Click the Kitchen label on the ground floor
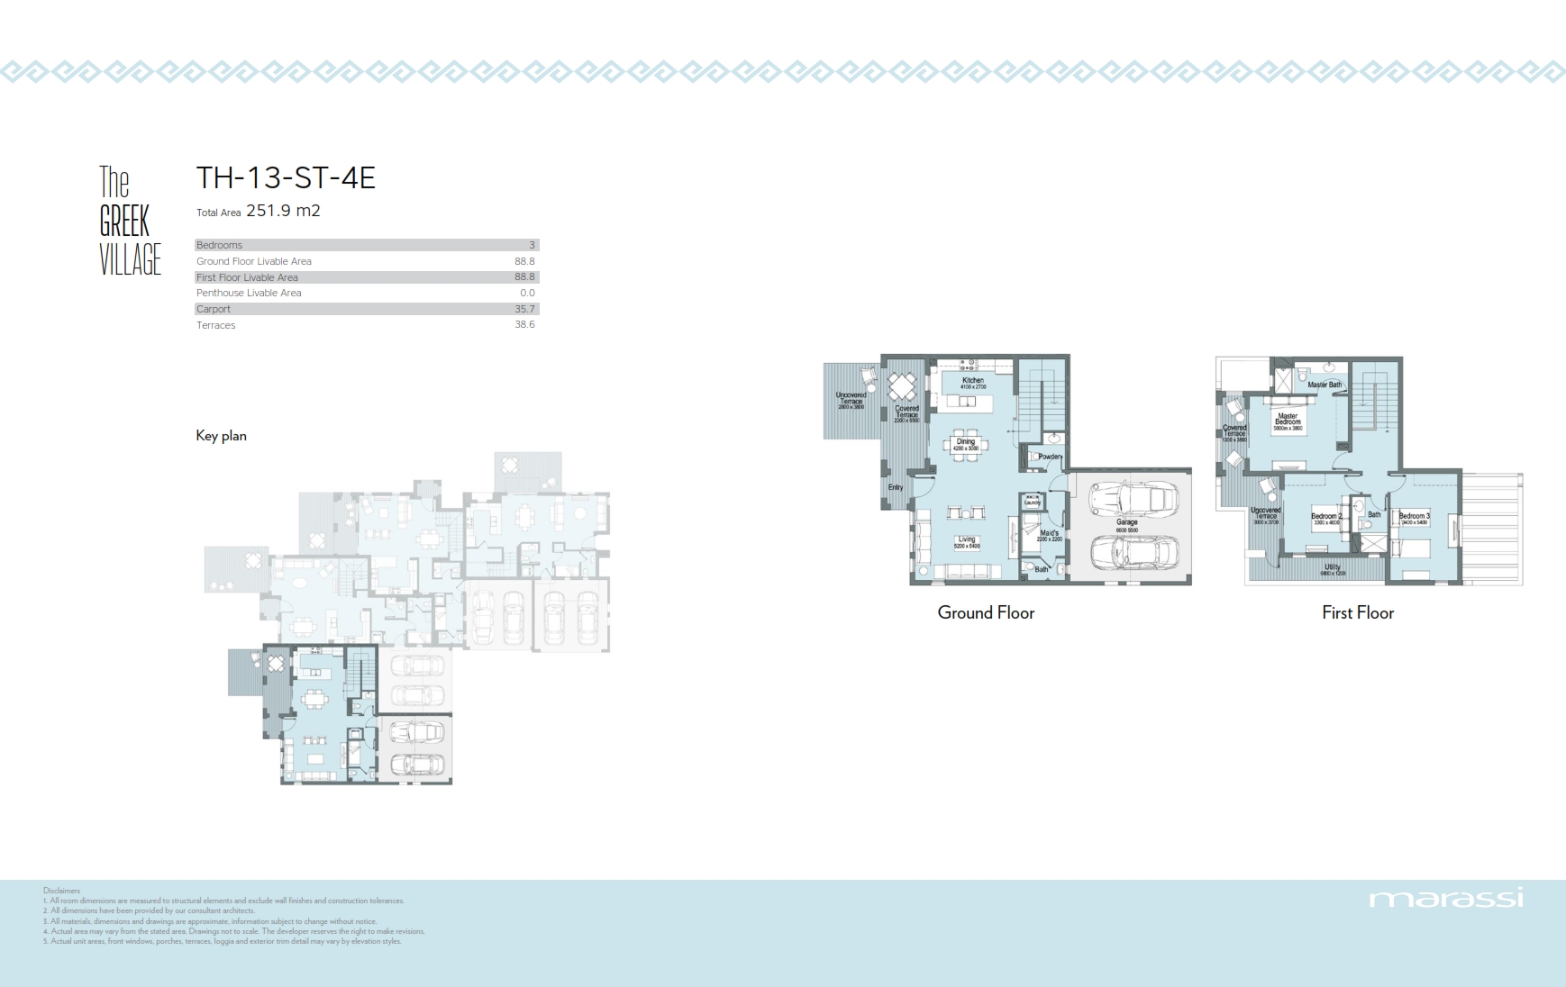point(973,381)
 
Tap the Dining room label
point(966,442)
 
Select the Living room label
point(967,540)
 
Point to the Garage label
point(1127,522)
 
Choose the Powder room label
point(1050,457)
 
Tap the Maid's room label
point(1050,534)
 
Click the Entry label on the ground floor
point(895,487)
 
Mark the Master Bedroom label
point(1288,420)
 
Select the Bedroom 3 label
point(1414,517)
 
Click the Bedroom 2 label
point(1325,517)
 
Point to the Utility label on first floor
point(1333,567)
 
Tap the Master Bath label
point(1324,385)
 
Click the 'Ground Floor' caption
point(986,612)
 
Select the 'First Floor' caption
point(1357,612)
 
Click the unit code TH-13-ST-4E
point(286,177)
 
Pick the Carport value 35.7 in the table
point(524,309)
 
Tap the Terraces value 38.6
point(524,325)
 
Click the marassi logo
point(1445,898)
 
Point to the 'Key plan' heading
point(221,436)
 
